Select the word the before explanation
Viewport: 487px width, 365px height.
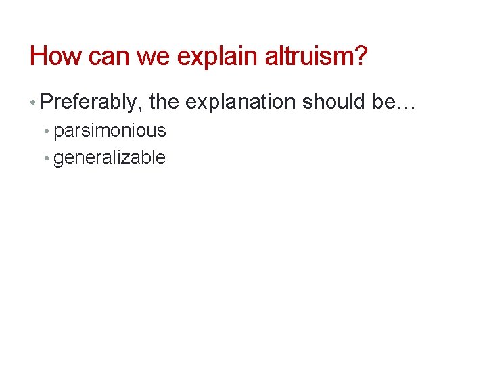[x=164, y=102]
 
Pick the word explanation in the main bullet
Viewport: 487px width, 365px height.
[x=240, y=102]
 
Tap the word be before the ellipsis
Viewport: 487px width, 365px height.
[x=382, y=102]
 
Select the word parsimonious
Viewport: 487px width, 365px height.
[x=110, y=130]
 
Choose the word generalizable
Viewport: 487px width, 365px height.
[x=110, y=157]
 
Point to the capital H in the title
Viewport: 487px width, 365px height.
[x=39, y=56]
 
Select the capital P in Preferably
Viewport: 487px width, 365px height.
[x=47, y=102]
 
